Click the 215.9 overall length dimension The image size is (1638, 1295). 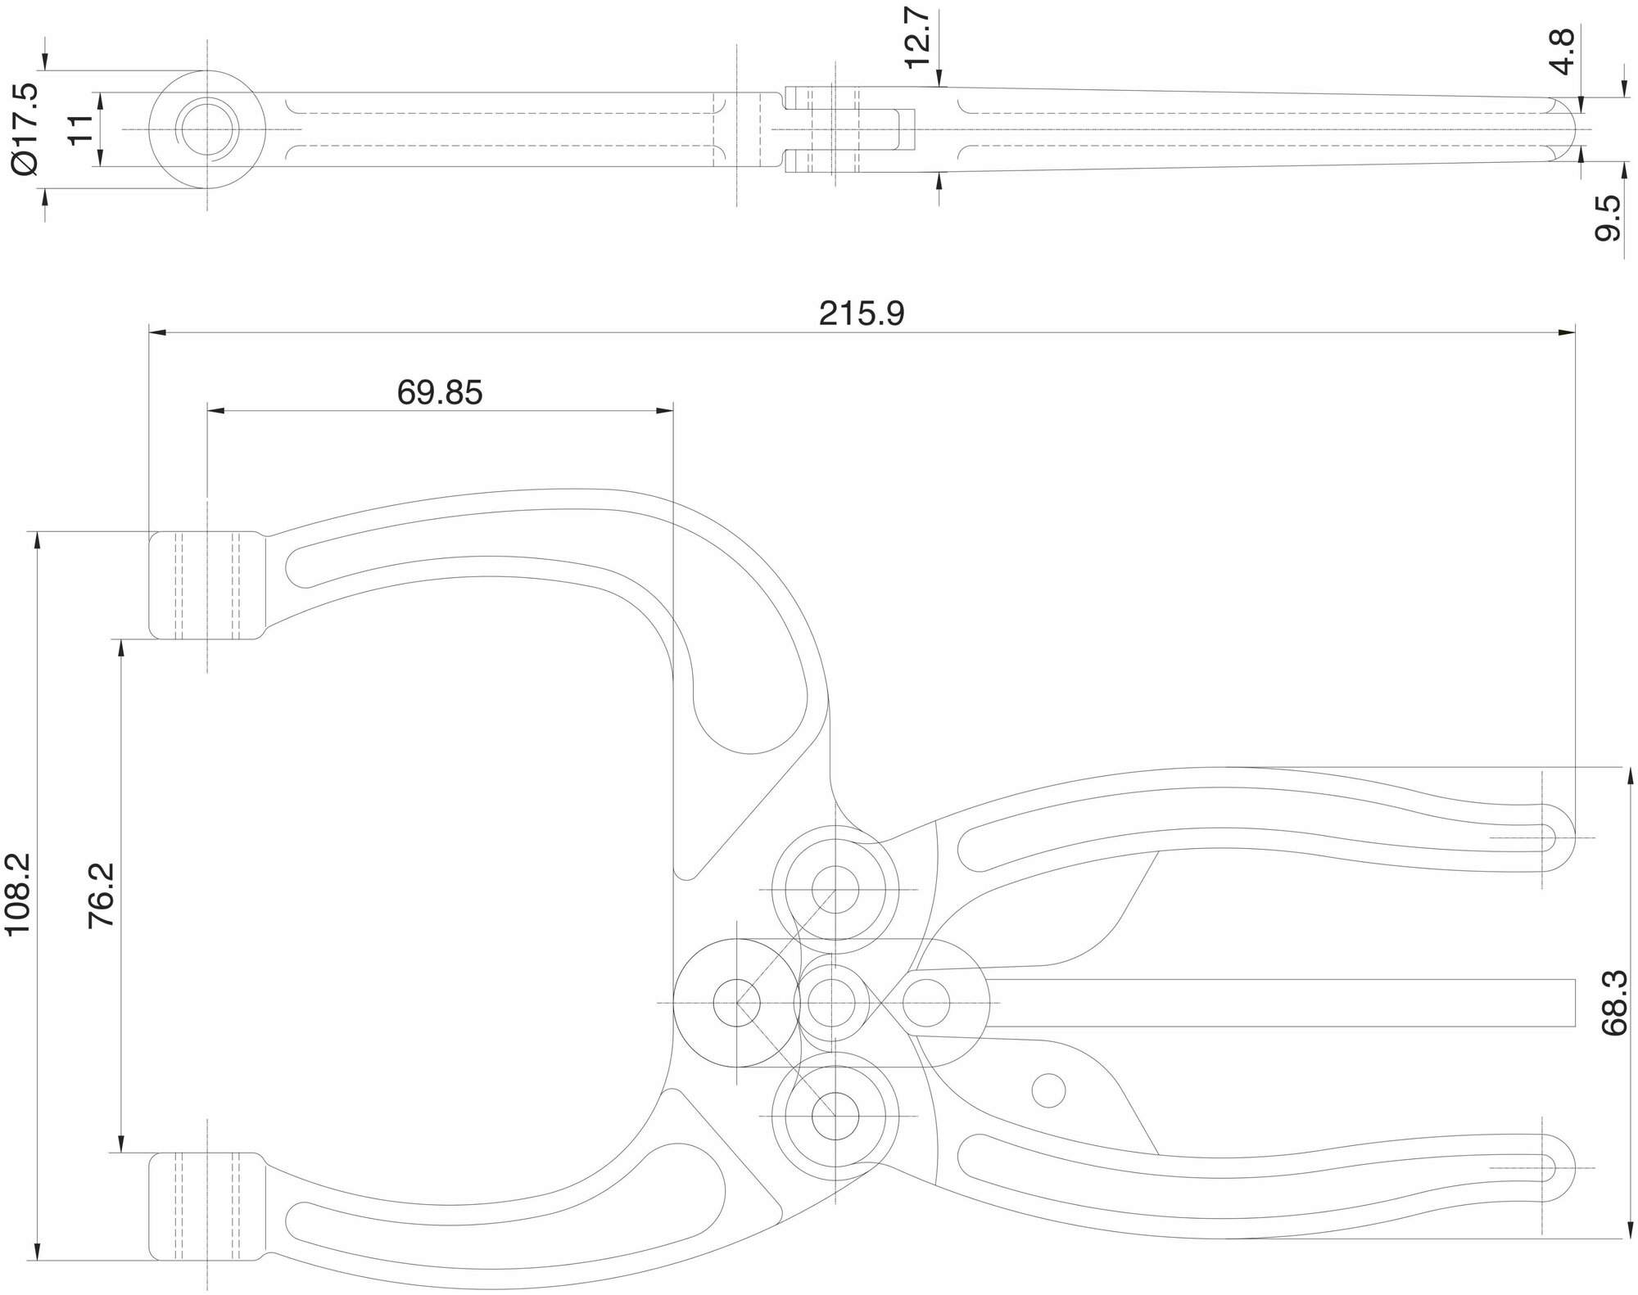click(862, 313)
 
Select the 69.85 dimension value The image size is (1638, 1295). click(440, 393)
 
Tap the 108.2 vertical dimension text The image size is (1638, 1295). click(18, 893)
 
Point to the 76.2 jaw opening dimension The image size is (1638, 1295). click(102, 895)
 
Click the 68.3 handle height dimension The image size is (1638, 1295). click(1616, 1004)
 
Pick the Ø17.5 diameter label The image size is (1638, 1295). click(25, 129)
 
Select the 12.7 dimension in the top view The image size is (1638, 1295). click(918, 39)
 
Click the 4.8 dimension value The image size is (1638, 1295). click(1563, 52)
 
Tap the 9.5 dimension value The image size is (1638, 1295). click(1609, 218)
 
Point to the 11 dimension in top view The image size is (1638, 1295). click(81, 129)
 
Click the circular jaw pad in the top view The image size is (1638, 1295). click(207, 129)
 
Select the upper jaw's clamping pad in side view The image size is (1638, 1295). click(207, 585)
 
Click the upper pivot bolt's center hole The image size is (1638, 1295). click(835, 889)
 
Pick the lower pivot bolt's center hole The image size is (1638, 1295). click(835, 1116)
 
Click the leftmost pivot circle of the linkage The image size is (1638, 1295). click(736, 1002)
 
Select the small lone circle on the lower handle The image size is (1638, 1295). click(1049, 1090)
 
